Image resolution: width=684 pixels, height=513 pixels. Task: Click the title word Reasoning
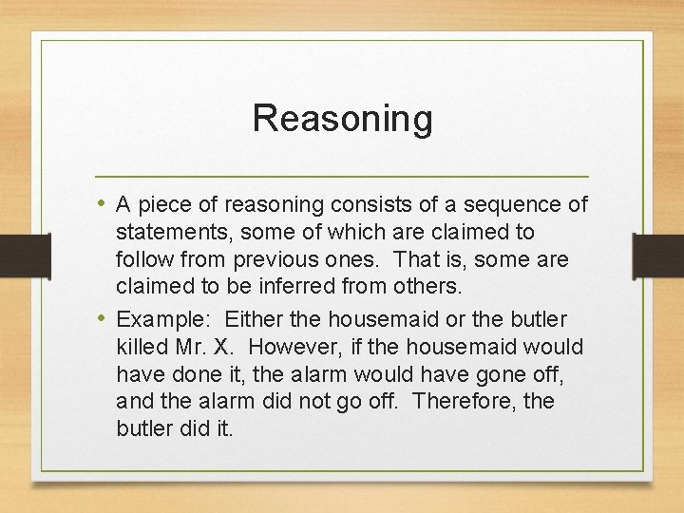(342, 120)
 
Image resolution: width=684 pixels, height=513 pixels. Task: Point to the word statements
(169, 233)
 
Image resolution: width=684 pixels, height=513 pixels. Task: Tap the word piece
(161, 205)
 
